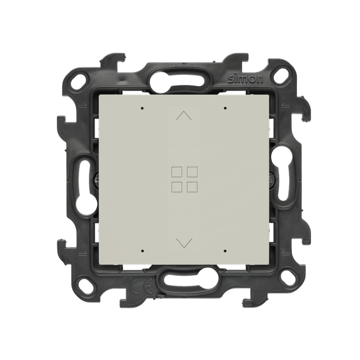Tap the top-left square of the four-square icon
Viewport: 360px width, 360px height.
click(177, 172)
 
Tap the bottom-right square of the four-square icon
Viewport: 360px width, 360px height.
click(192, 187)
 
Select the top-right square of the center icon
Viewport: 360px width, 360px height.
click(192, 172)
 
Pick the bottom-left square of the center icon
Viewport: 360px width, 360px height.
click(177, 187)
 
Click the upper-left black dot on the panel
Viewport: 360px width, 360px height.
click(142, 108)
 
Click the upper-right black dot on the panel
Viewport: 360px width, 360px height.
click(225, 108)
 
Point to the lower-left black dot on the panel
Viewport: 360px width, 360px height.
click(142, 251)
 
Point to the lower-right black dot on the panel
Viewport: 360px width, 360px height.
click(225, 251)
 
